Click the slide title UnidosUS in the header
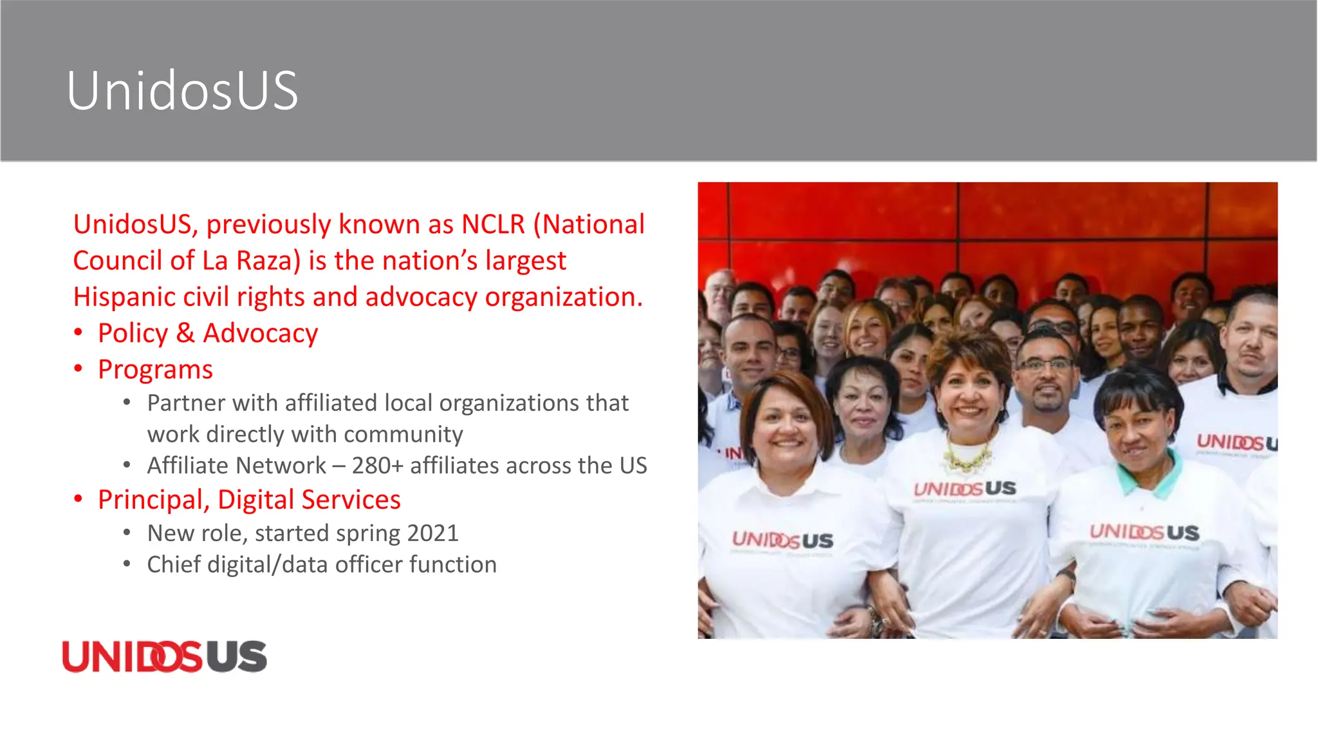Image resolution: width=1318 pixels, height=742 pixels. pos(182,91)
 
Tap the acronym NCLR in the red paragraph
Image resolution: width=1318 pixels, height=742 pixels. pos(493,224)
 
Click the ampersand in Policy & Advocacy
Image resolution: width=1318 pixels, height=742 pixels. pos(185,333)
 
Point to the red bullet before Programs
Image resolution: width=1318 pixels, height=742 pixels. pos(78,369)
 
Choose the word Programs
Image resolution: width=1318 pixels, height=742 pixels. pos(155,370)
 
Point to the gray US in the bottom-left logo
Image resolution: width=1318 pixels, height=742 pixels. pos(236,656)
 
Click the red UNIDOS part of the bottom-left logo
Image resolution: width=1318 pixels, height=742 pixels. pos(132,656)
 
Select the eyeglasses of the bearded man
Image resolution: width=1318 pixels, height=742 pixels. pos(1045,365)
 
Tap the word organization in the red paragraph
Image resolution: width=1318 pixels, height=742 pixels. pos(564,297)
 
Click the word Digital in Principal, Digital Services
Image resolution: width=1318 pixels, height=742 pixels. pos(255,500)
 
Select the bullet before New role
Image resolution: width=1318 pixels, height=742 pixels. pos(127,533)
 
